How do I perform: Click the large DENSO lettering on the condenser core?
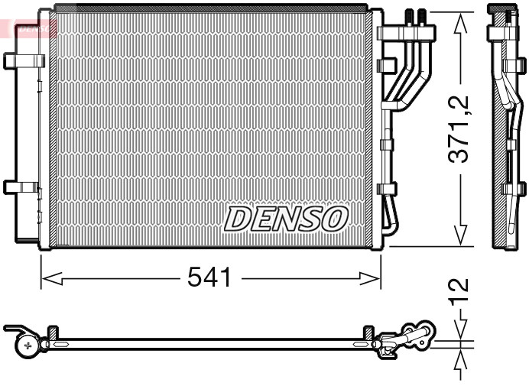point(286,219)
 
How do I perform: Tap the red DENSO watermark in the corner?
point(29,28)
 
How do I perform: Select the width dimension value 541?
point(209,278)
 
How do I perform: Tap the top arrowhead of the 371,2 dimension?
point(459,23)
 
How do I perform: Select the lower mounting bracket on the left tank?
point(21,187)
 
